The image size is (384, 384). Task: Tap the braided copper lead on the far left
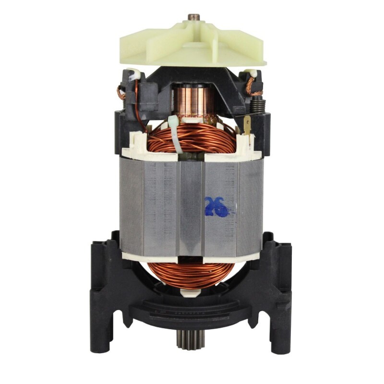121,91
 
